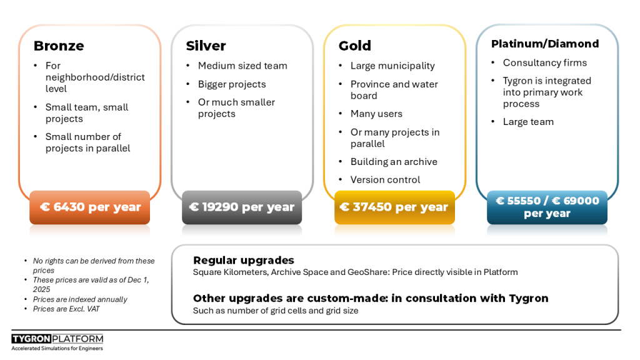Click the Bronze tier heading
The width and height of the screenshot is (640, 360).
(59, 46)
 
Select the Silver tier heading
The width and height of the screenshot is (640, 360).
(206, 46)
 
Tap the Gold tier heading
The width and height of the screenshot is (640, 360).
(355, 46)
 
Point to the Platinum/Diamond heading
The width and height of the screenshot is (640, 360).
(545, 44)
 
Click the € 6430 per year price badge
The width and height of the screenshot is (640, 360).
(90, 207)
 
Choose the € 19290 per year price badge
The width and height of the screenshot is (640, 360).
(242, 207)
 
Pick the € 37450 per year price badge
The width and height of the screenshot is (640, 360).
(394, 207)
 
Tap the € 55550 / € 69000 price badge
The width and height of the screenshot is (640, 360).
(547, 207)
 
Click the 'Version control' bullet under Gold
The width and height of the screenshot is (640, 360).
(385, 179)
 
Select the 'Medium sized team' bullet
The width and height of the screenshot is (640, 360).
(242, 66)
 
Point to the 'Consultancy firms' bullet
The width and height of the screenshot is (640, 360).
(544, 62)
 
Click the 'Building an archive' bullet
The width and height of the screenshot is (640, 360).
(394, 162)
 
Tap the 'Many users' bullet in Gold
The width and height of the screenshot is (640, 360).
(376, 114)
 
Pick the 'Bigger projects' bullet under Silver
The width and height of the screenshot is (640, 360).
(232, 84)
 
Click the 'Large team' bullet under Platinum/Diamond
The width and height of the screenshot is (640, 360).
(528, 122)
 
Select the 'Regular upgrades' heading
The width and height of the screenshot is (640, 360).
(244, 261)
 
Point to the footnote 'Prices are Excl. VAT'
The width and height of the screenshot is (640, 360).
(66, 309)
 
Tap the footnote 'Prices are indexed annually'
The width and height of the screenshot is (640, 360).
(80, 299)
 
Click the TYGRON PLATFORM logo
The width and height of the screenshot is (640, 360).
(57, 342)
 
